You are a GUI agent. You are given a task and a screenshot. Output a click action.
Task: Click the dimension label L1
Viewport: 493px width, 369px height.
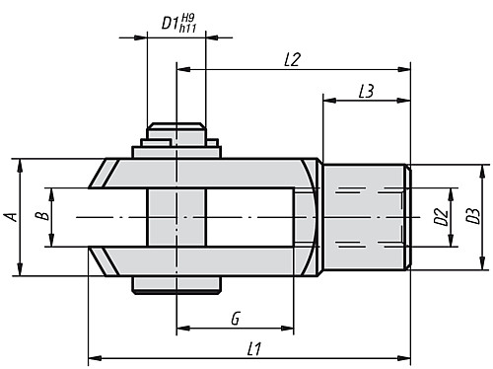click(x=253, y=348)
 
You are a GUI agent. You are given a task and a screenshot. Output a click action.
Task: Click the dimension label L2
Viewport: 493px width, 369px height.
click(x=291, y=60)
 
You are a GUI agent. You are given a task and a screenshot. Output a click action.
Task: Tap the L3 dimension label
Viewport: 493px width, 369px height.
click(x=365, y=91)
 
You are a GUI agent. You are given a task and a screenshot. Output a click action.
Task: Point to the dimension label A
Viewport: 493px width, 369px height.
click(x=9, y=216)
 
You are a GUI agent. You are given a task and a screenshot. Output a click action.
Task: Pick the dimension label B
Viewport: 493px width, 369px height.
click(x=41, y=216)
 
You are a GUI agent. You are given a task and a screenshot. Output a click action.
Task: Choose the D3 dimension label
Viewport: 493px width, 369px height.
click(x=474, y=216)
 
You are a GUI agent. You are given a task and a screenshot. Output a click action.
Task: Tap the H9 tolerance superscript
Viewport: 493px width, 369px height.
click(x=201, y=15)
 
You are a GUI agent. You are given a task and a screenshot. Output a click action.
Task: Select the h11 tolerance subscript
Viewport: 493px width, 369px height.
click(x=202, y=28)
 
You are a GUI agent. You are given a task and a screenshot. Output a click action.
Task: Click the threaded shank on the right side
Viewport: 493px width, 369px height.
click(x=363, y=216)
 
